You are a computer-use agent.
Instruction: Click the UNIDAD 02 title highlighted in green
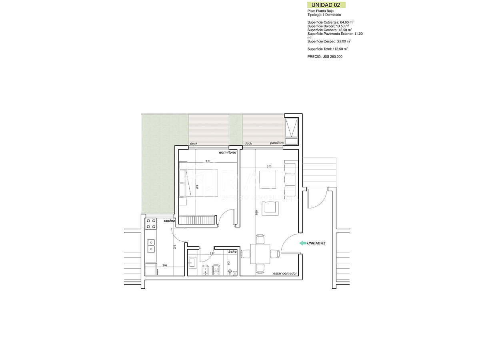[x=326, y=5]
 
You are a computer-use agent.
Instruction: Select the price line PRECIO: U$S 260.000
[x=325, y=57]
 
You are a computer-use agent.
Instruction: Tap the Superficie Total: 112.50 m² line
[x=327, y=49]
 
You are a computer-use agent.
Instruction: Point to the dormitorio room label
[x=228, y=152]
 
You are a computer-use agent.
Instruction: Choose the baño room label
[x=232, y=252]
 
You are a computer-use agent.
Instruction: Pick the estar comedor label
[x=285, y=273]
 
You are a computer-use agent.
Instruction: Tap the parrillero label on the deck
[x=277, y=143]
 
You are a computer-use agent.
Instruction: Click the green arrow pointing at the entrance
[x=302, y=243]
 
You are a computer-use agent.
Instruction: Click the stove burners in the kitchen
[x=151, y=224]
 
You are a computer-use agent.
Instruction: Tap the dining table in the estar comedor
[x=260, y=254]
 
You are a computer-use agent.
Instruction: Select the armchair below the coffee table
[x=270, y=208]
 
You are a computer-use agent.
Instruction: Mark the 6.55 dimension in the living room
[x=256, y=213]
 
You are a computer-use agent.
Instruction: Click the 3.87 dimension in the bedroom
[x=197, y=186]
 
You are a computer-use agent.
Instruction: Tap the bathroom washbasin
[x=192, y=262]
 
